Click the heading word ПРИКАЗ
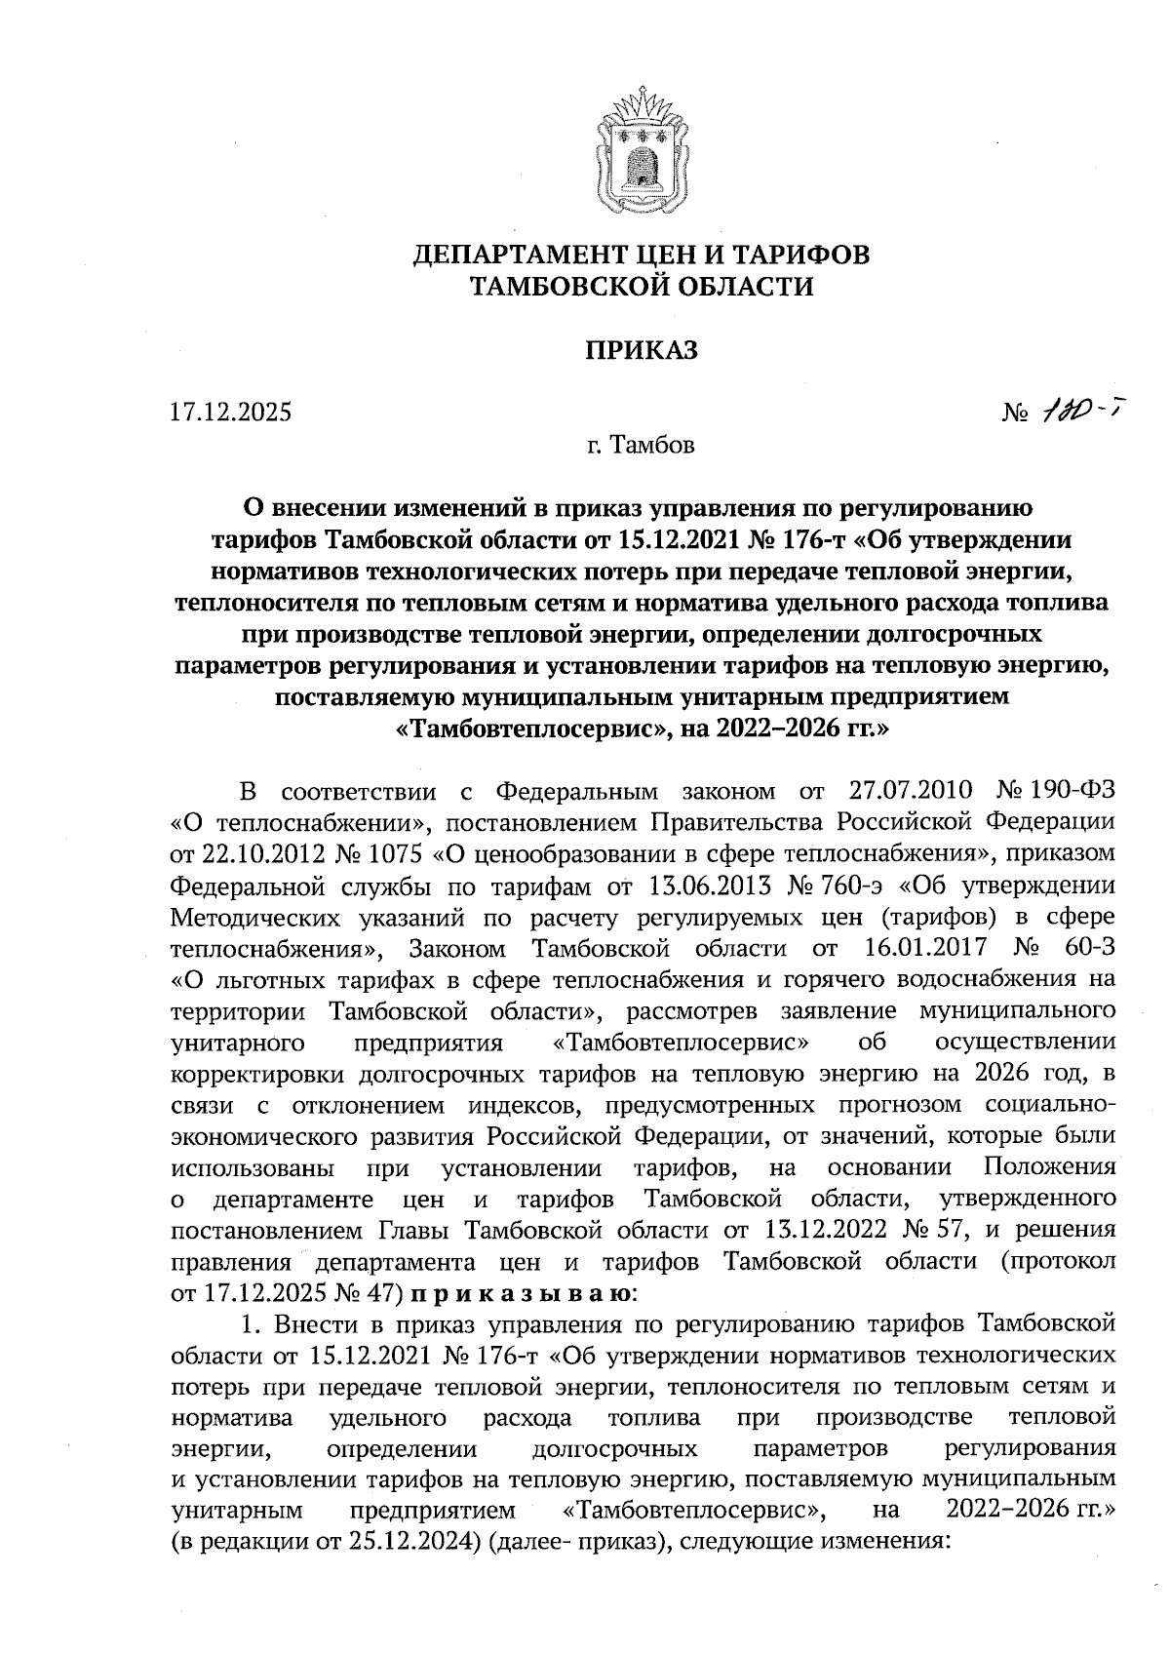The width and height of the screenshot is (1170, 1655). (641, 350)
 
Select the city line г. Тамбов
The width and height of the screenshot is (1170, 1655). (641, 447)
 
